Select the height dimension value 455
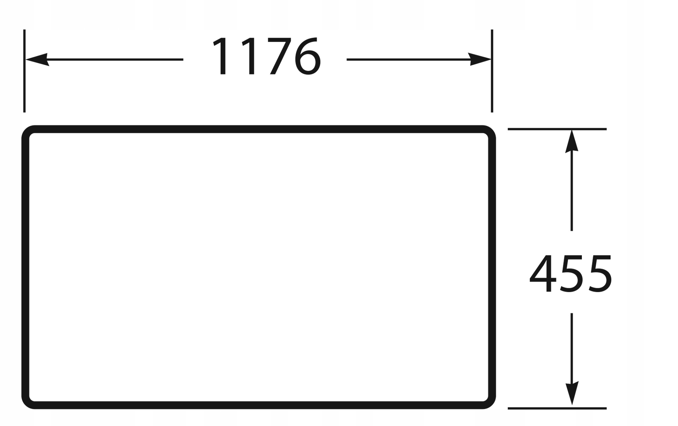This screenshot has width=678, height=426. [570, 274]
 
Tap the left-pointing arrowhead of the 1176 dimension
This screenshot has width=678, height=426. [36, 60]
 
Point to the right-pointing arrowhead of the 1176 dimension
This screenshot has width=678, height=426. [480, 60]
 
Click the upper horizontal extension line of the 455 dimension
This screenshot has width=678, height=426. [557, 129]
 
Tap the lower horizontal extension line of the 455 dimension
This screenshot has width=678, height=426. [557, 408]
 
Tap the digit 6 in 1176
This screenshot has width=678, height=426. [308, 57]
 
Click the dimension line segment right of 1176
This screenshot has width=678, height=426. [407, 60]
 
